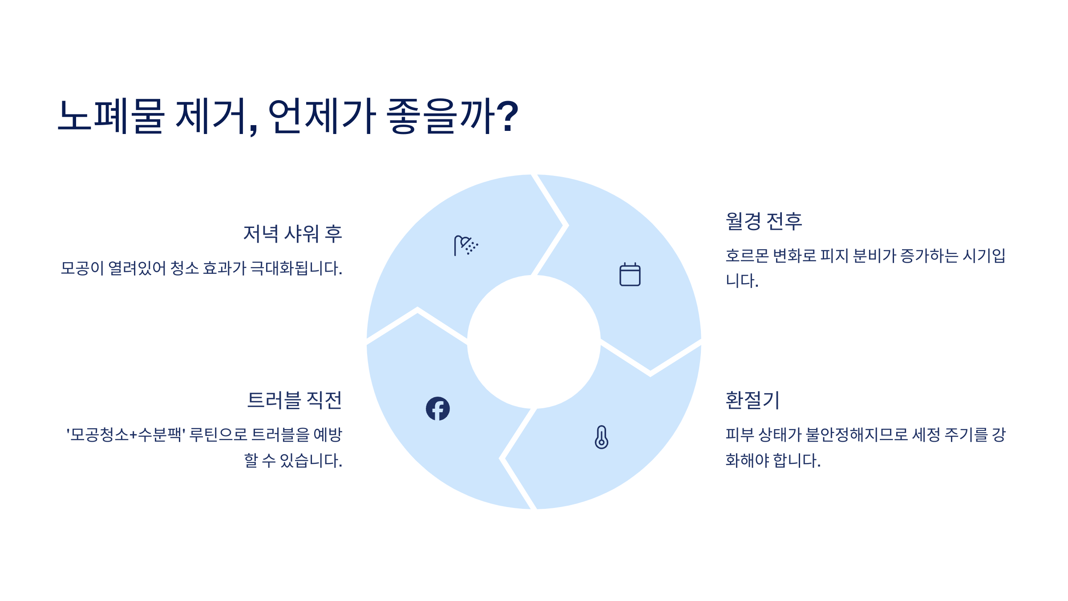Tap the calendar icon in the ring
(x=630, y=274)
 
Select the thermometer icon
(x=601, y=437)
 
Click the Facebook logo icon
(x=437, y=409)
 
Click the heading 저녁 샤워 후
(x=292, y=234)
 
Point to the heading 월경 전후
(x=764, y=221)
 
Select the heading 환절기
(x=752, y=400)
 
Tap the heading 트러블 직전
(x=295, y=400)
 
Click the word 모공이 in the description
(x=82, y=268)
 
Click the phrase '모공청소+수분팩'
(x=126, y=435)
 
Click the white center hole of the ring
(x=534, y=342)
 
